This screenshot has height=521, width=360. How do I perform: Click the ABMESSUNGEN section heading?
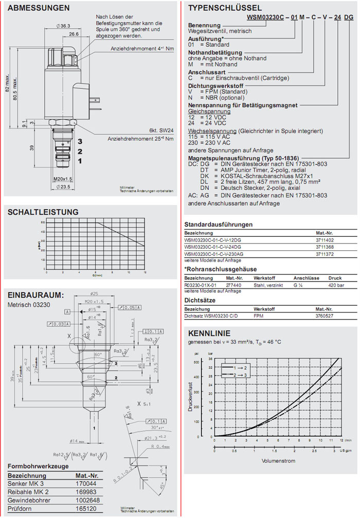pyautogui.click(x=39, y=8)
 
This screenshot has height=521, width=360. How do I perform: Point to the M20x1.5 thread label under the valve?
pyautogui.click(x=62, y=179)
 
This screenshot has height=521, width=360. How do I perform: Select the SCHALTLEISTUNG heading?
pyautogui.click(x=43, y=212)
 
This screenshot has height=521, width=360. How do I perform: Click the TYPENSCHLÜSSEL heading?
pyautogui.click(x=225, y=8)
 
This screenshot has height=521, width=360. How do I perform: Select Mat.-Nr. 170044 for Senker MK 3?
pyautogui.click(x=86, y=483)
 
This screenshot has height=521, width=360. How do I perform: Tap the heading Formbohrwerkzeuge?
pyautogui.click(x=38, y=466)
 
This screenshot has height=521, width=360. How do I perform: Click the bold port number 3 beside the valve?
pyautogui.click(x=79, y=141)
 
